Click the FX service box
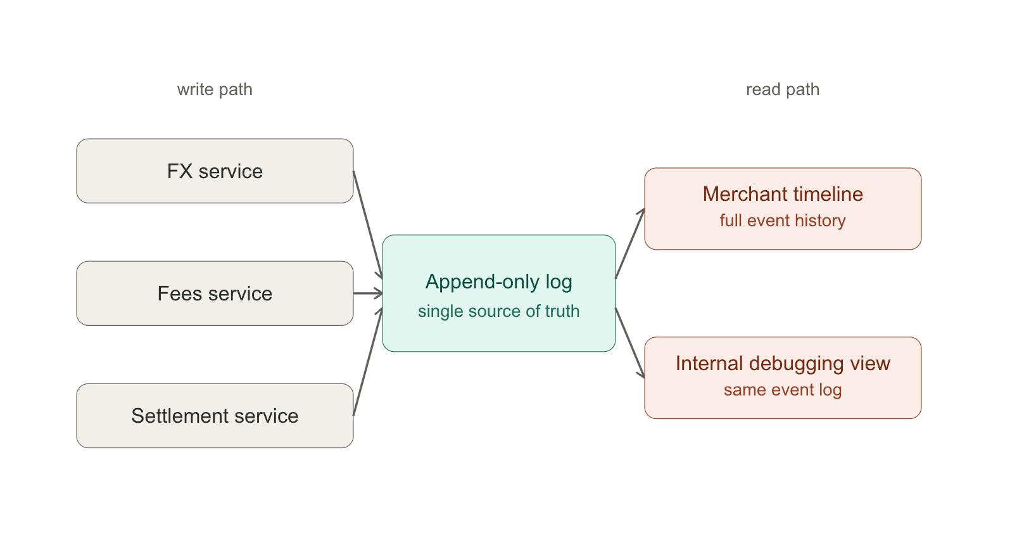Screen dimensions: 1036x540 pyautogui.click(x=215, y=171)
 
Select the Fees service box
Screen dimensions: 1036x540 pyautogui.click(x=215, y=293)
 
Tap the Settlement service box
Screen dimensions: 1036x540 pyautogui.click(x=215, y=416)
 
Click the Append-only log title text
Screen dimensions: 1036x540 pyautogui.click(x=499, y=282)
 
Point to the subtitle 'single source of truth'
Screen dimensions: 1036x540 pyautogui.click(x=499, y=311)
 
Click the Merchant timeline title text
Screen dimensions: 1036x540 pyautogui.click(x=783, y=194)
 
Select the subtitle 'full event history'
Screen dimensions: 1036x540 pyautogui.click(x=783, y=221)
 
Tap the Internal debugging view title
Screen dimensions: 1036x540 pyautogui.click(x=783, y=364)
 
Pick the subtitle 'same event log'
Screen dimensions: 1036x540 pyautogui.click(x=783, y=390)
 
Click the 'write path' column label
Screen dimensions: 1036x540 pyautogui.click(x=215, y=89)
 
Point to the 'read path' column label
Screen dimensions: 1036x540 pyautogui.click(x=783, y=89)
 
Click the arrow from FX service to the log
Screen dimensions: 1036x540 pyautogui.click(x=368, y=225)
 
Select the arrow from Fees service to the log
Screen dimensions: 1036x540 pyautogui.click(x=368, y=293)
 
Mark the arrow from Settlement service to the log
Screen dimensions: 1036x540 pyautogui.click(x=368, y=362)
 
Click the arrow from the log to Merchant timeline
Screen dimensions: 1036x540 pyautogui.click(x=630, y=244)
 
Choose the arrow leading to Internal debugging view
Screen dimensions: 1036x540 pyautogui.click(x=630, y=343)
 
